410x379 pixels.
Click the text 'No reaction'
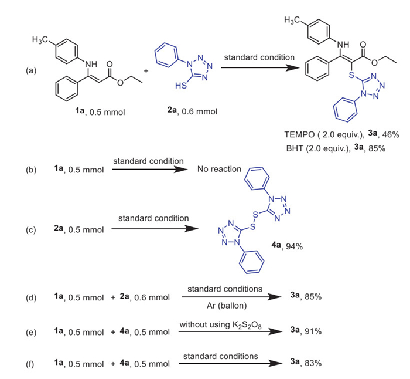[x=219, y=169]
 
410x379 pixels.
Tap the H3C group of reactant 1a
[x=44, y=40]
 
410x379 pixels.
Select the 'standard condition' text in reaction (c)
[x=153, y=218]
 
